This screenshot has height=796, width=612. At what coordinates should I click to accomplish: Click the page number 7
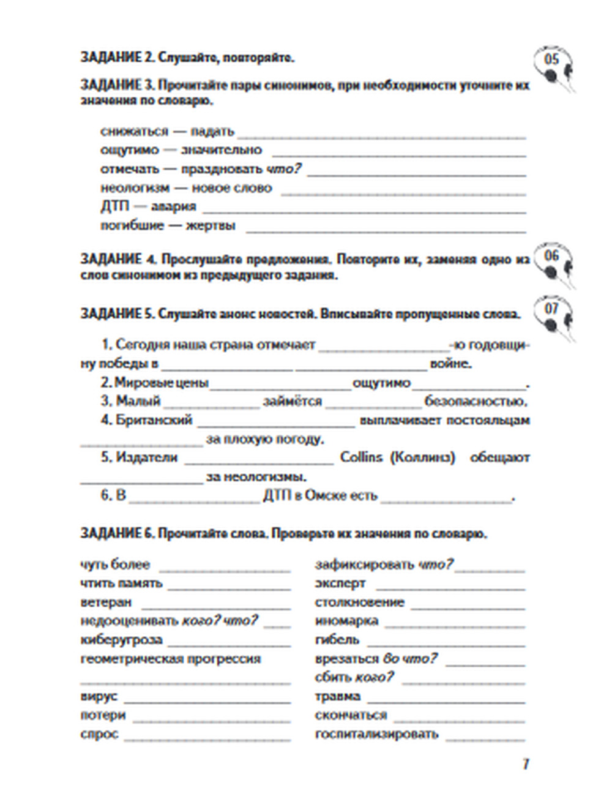(x=526, y=764)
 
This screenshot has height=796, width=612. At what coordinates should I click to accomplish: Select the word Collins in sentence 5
(x=361, y=457)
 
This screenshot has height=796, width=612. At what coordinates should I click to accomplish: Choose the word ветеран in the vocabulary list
(x=106, y=603)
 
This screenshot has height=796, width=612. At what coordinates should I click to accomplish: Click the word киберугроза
(x=121, y=640)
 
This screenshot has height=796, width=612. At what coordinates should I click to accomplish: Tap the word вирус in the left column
(x=99, y=697)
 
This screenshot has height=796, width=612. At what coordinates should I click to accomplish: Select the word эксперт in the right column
(x=340, y=584)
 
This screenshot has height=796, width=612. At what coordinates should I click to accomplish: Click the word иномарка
(x=346, y=621)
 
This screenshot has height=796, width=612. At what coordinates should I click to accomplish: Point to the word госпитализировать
(x=376, y=734)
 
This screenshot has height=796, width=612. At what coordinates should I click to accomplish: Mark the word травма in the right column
(x=337, y=697)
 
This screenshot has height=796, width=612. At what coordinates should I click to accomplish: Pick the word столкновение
(x=359, y=603)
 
